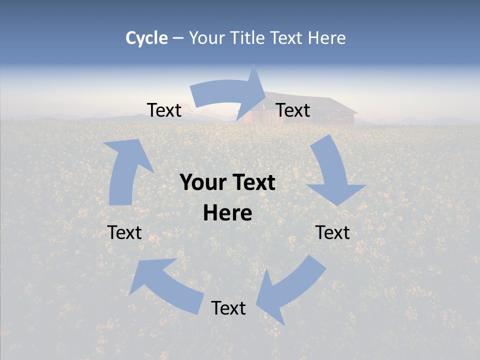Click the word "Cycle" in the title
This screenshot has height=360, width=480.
[x=146, y=38]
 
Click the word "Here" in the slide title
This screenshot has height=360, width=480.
[x=326, y=38]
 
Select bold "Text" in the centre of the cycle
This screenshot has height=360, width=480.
[x=251, y=183]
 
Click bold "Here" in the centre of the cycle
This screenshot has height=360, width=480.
[x=227, y=213]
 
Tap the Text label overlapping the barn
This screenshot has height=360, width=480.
[x=293, y=110]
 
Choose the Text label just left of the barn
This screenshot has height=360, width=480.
[x=164, y=110]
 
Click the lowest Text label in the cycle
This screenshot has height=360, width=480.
[x=228, y=308]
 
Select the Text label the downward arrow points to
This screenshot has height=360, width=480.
[x=333, y=232]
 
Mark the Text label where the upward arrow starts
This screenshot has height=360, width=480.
[x=124, y=232]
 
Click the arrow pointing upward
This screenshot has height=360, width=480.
[x=125, y=170]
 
